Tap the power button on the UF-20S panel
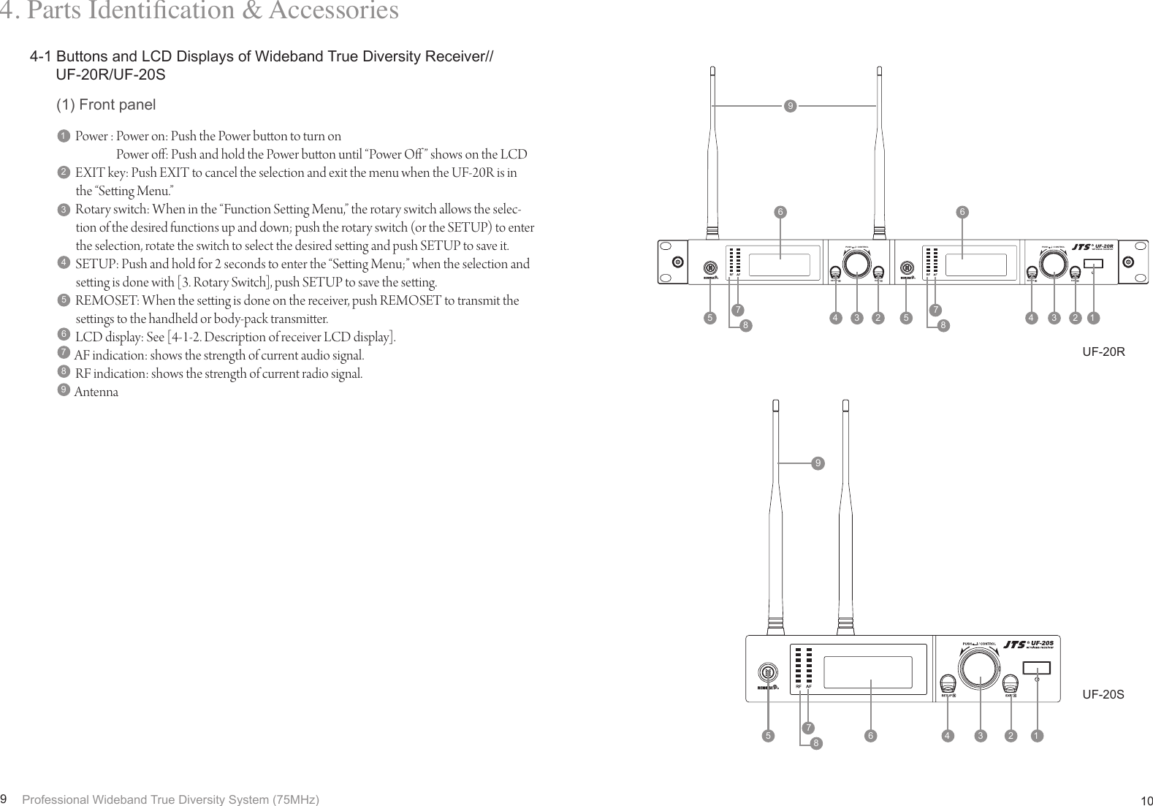[1036, 668]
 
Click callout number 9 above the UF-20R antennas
[789, 107]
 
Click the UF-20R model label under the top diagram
[1103, 352]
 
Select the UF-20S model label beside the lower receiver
[1103, 694]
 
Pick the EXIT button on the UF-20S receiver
[1011, 684]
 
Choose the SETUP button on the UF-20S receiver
[948, 684]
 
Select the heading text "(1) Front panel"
[106, 105]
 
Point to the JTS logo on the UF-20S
[1016, 645]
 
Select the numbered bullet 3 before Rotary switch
[64, 210]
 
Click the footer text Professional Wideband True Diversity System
[171, 799]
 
